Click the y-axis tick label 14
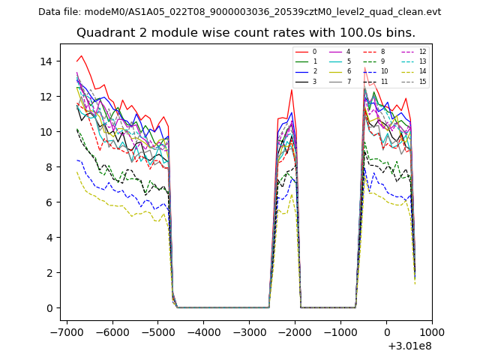[x=49, y=61]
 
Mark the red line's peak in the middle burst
[x=292, y=90]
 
